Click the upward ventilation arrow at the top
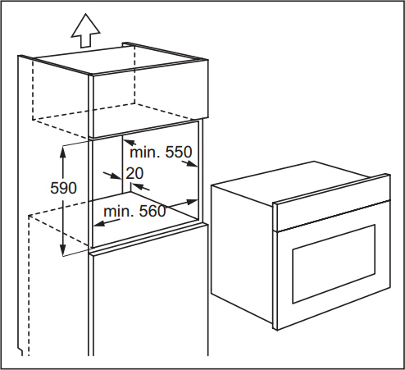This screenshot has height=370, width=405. (x=85, y=30)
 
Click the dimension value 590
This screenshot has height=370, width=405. (x=63, y=188)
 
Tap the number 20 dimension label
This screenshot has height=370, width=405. (x=134, y=173)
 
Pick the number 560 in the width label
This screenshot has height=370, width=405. (x=152, y=211)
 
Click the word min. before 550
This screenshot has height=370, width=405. (x=145, y=152)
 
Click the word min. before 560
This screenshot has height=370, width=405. (x=119, y=211)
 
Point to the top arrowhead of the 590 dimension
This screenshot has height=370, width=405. (x=63, y=152)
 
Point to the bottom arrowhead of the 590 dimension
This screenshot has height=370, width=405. (x=63, y=249)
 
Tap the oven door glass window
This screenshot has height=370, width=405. (x=334, y=264)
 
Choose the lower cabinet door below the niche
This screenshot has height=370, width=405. (x=149, y=304)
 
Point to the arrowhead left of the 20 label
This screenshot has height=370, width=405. (x=116, y=176)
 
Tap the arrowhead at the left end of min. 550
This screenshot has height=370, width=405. (x=130, y=142)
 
